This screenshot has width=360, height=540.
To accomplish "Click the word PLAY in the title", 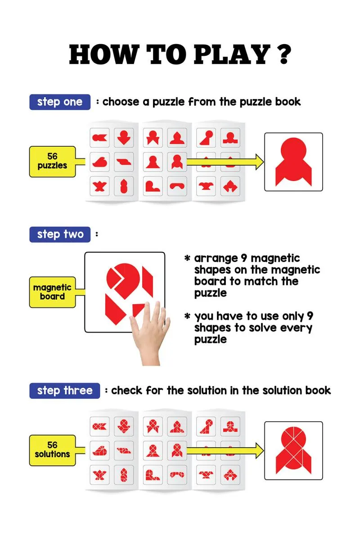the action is coord(232,54).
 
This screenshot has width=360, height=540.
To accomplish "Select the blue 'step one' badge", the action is coord(60,102).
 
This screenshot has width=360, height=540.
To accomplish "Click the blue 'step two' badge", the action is coord(60,234).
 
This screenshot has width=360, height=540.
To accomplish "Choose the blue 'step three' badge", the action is coord(65,391).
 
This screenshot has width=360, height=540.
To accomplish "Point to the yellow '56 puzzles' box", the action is coord(52,162).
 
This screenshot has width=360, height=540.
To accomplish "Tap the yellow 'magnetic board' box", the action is coord(52,292).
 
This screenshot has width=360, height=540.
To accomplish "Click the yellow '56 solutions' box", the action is coord(52,450).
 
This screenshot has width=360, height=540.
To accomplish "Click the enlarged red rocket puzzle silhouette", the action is coord(293,162).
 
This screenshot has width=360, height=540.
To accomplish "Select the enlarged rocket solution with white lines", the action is coord(293,450).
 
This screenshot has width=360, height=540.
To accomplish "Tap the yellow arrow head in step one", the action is coord(260,162).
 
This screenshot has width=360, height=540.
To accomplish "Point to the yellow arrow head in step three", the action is coord(260,450).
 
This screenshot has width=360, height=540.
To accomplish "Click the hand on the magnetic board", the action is coord(151,333).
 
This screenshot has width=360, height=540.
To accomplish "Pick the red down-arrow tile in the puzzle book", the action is coord(124,138).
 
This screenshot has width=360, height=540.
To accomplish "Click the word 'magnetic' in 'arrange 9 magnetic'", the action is coord(275,258).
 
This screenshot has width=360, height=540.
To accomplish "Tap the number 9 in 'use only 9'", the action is coord(310,316).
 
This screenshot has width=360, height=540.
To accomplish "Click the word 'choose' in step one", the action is coord(121,102).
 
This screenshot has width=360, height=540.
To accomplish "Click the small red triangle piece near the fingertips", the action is coord(138,309).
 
